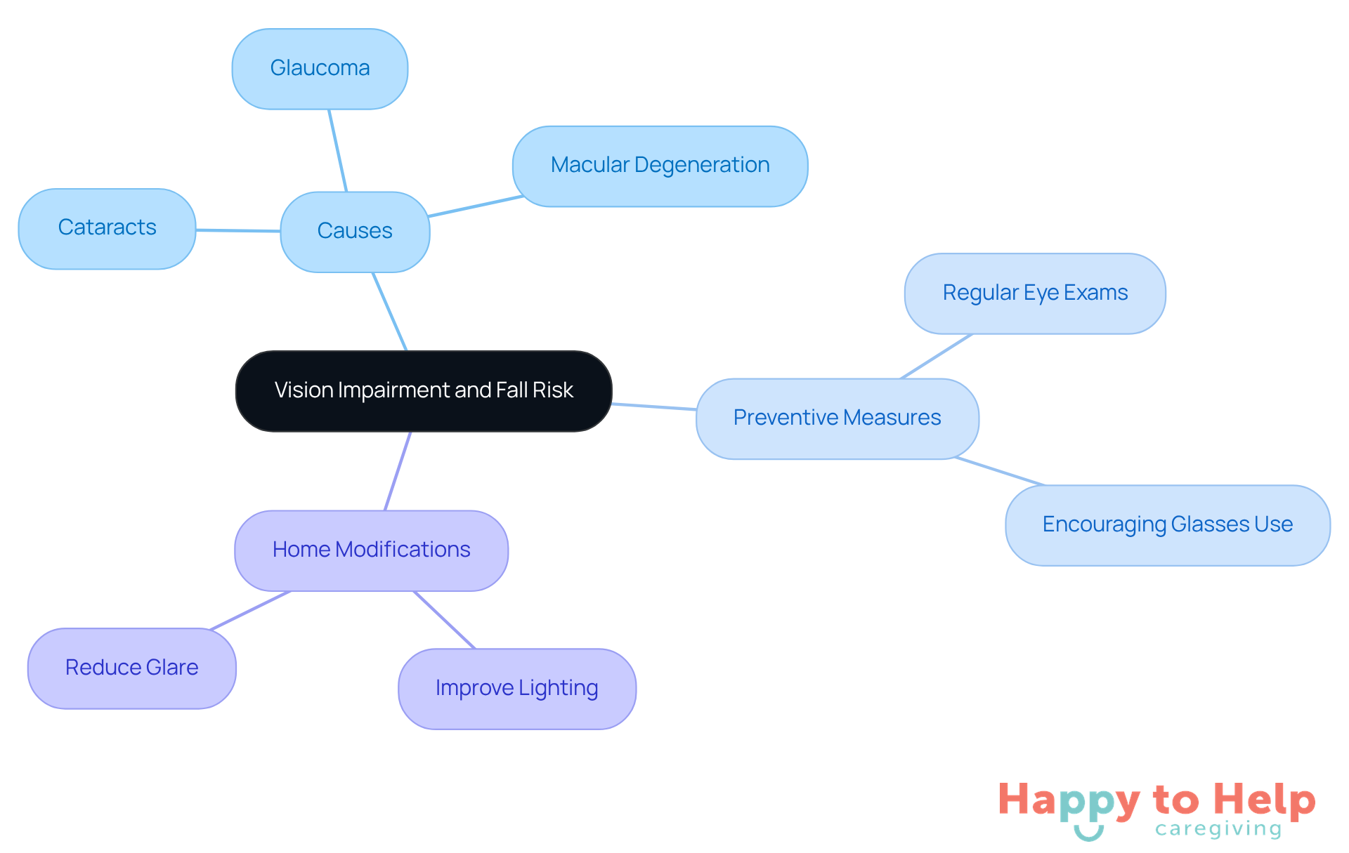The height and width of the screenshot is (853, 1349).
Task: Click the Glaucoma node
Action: pyautogui.click(x=320, y=69)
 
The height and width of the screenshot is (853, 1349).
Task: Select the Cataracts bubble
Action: pyautogui.click(x=107, y=228)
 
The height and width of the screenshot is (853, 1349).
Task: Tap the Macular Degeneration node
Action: pyautogui.click(x=660, y=166)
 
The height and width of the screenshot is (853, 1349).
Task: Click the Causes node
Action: pyautogui.click(x=355, y=231)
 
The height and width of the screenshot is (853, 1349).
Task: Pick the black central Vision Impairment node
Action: pyautogui.click(x=424, y=390)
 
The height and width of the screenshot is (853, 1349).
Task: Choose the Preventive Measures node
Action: pyautogui.click(x=837, y=418)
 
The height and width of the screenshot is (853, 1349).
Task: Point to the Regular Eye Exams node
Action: pyautogui.click(x=1035, y=293)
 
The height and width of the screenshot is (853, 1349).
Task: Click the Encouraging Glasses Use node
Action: pyautogui.click(x=1167, y=525)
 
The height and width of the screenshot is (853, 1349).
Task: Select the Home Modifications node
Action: pyautogui.click(x=371, y=550)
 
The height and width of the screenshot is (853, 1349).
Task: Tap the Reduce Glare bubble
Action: pyautogui.click(x=131, y=668)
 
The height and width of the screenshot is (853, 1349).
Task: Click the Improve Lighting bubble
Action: pyautogui.click(x=516, y=689)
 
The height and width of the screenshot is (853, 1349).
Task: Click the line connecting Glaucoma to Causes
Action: pyautogui.click(x=338, y=150)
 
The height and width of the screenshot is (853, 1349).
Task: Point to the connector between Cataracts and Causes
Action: pyautogui.click(x=237, y=230)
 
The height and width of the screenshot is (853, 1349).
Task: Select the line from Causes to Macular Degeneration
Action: pyautogui.click(x=475, y=206)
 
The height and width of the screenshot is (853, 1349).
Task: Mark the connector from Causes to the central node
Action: pyautogui.click(x=390, y=311)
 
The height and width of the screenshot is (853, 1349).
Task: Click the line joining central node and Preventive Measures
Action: pyautogui.click(x=653, y=406)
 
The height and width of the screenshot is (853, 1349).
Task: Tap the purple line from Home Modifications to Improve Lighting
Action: pyautogui.click(x=444, y=620)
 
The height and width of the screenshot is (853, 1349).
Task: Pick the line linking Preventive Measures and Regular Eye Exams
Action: pyautogui.click(x=936, y=357)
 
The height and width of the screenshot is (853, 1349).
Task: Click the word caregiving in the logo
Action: pyautogui.click(x=1218, y=829)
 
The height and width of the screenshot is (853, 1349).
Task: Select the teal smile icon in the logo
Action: pyautogui.click(x=1088, y=833)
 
